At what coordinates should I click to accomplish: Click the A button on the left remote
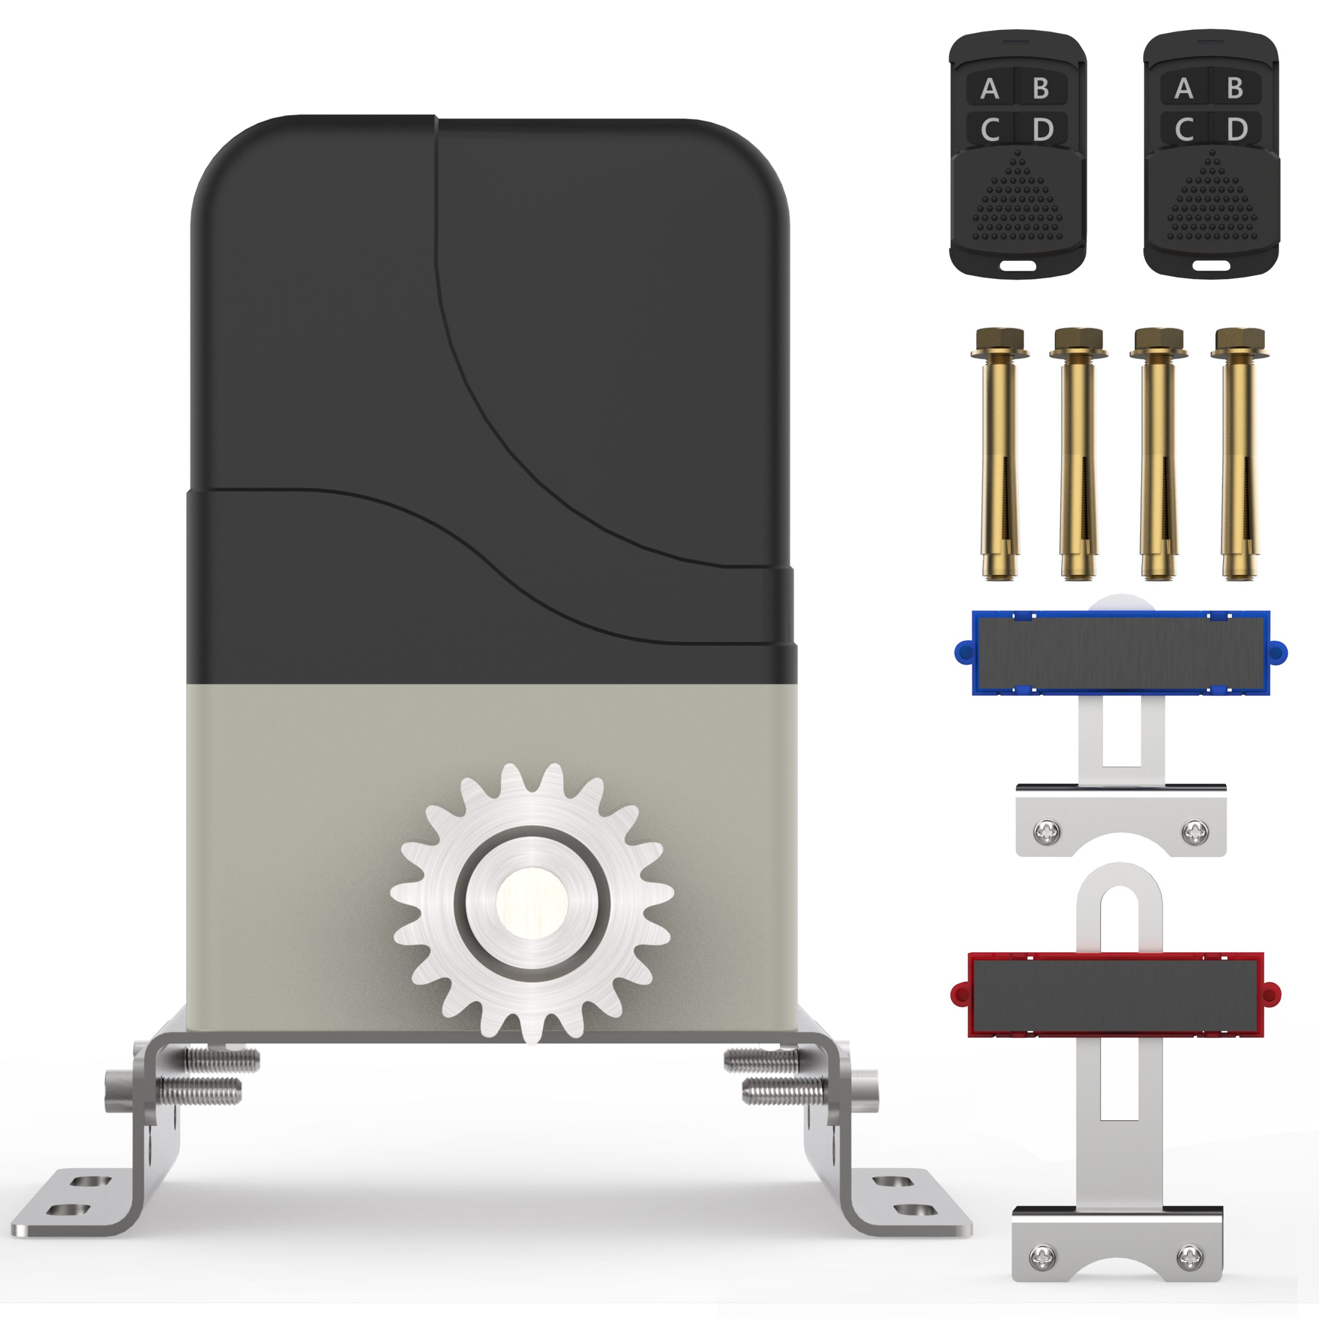(990, 88)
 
